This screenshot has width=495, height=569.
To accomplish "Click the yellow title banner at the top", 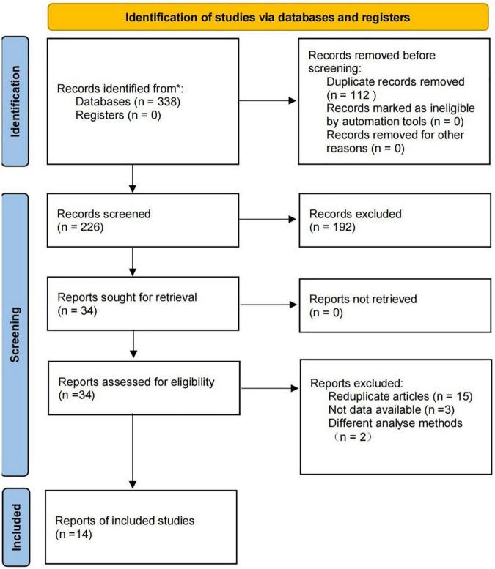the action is click(x=268, y=17).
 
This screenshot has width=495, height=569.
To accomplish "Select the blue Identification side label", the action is click(x=15, y=101).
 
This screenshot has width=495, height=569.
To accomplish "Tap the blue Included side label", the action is click(x=16, y=527).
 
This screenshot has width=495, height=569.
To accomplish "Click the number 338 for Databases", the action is click(x=167, y=102).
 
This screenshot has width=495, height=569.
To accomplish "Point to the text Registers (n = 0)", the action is click(x=118, y=115).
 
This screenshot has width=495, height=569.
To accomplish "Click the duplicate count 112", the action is click(x=360, y=95).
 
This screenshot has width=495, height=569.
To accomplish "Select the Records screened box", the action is click(x=143, y=220).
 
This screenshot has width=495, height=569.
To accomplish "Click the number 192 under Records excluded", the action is click(x=342, y=227).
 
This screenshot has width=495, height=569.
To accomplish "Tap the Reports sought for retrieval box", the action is click(x=143, y=304).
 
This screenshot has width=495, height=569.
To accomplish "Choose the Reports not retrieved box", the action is click(x=395, y=305).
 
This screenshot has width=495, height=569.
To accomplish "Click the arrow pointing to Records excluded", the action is click(x=268, y=219).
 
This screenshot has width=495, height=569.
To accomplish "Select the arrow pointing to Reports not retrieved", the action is click(x=268, y=305).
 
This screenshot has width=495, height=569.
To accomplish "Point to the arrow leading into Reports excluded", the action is click(x=270, y=388).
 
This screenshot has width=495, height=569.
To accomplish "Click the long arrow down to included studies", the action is click(x=133, y=451).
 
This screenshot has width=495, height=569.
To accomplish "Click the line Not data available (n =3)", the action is click(x=392, y=409).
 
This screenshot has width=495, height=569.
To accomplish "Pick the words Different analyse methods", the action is click(x=395, y=423).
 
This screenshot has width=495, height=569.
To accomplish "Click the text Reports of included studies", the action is click(x=125, y=521).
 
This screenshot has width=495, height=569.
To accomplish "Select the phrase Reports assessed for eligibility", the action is click(x=136, y=382).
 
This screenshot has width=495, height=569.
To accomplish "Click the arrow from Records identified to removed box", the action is click(x=268, y=100).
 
